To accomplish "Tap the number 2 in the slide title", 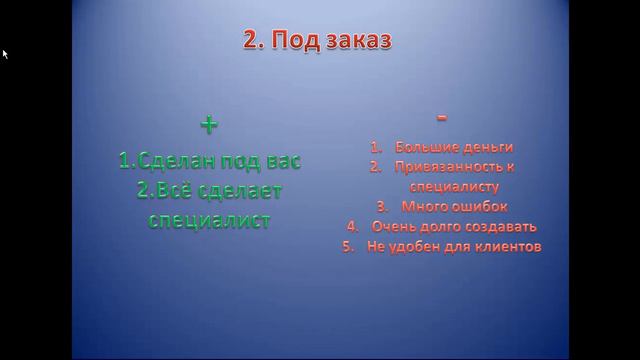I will (x=251, y=40).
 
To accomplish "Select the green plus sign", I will (x=208, y=125).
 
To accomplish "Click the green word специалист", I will (x=209, y=220).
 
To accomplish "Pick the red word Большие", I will (x=422, y=146).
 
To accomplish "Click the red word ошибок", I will (x=480, y=206).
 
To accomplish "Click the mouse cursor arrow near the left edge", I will (x=5, y=53).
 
